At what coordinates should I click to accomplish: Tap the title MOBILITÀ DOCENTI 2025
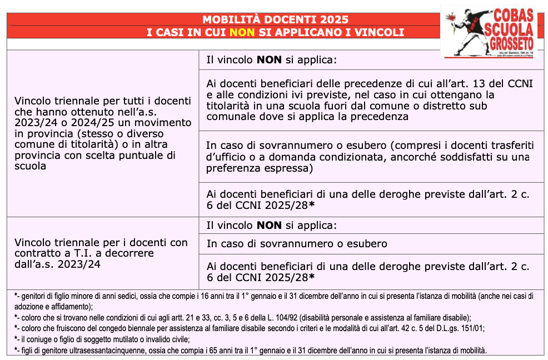point(275,19)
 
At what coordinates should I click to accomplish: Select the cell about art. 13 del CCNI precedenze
point(370,100)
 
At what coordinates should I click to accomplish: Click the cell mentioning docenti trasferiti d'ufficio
point(370,156)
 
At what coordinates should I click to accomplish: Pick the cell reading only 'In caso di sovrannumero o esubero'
point(297,244)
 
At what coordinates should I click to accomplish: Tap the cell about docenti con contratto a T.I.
point(101,253)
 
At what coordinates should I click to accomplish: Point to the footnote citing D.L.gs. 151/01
point(250,328)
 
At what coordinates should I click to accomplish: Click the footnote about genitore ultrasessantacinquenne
point(251,351)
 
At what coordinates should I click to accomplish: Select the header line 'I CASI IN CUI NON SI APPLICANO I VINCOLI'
point(275,32)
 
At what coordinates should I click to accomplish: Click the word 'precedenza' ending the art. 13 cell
point(381,117)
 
